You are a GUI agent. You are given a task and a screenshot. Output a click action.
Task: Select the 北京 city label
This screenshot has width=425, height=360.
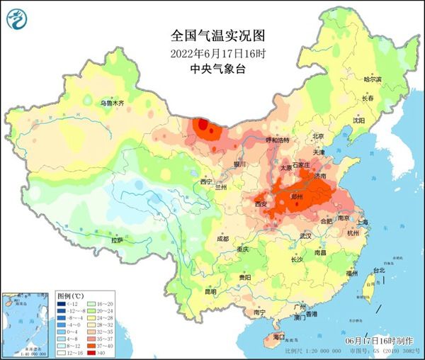click(x=318, y=136)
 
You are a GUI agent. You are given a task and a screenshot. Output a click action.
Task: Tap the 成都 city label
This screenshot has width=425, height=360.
click(x=222, y=239)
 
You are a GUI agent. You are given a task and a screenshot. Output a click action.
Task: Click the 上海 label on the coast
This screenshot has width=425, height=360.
click(x=363, y=222)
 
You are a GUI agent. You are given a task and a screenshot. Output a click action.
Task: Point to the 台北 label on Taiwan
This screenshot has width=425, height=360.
click(x=378, y=270)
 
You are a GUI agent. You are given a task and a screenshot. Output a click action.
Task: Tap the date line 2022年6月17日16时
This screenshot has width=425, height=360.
click(x=212, y=53)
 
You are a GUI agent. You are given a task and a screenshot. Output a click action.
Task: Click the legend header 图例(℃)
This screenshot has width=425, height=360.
click(x=72, y=295)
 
